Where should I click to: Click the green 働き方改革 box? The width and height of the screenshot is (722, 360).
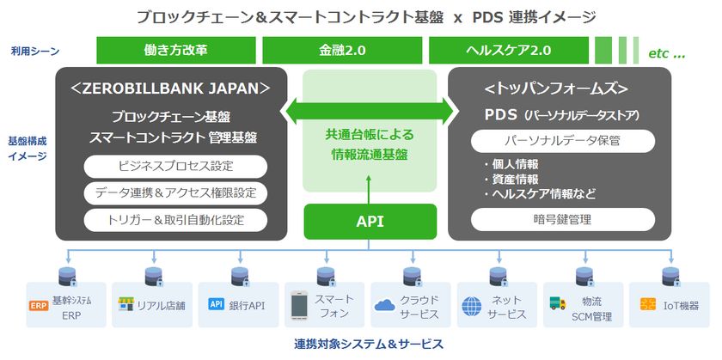[x=176, y=51]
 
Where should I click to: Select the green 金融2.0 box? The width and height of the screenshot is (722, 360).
[x=342, y=51]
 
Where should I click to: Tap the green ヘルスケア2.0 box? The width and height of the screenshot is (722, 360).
[x=508, y=51]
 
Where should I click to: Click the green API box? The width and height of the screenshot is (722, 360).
[x=370, y=222]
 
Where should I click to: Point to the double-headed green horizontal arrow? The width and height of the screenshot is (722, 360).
[x=370, y=109]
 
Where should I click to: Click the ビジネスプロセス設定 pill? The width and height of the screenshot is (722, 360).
[x=175, y=166]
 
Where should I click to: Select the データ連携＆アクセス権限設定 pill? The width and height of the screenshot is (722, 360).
[x=175, y=192]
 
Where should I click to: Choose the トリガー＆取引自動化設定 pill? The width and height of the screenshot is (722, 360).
[x=175, y=220]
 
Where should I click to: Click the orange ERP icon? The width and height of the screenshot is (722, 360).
[x=38, y=305]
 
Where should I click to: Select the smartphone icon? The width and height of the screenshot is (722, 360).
[x=298, y=304]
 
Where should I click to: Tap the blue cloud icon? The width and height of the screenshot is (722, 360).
[x=385, y=304]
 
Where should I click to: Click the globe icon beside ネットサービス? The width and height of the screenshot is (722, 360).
[x=472, y=305]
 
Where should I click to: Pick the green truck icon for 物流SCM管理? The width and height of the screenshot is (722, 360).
[x=558, y=304]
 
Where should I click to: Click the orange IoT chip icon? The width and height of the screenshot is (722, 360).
[x=646, y=304]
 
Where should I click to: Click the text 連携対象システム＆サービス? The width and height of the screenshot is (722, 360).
[x=369, y=345]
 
